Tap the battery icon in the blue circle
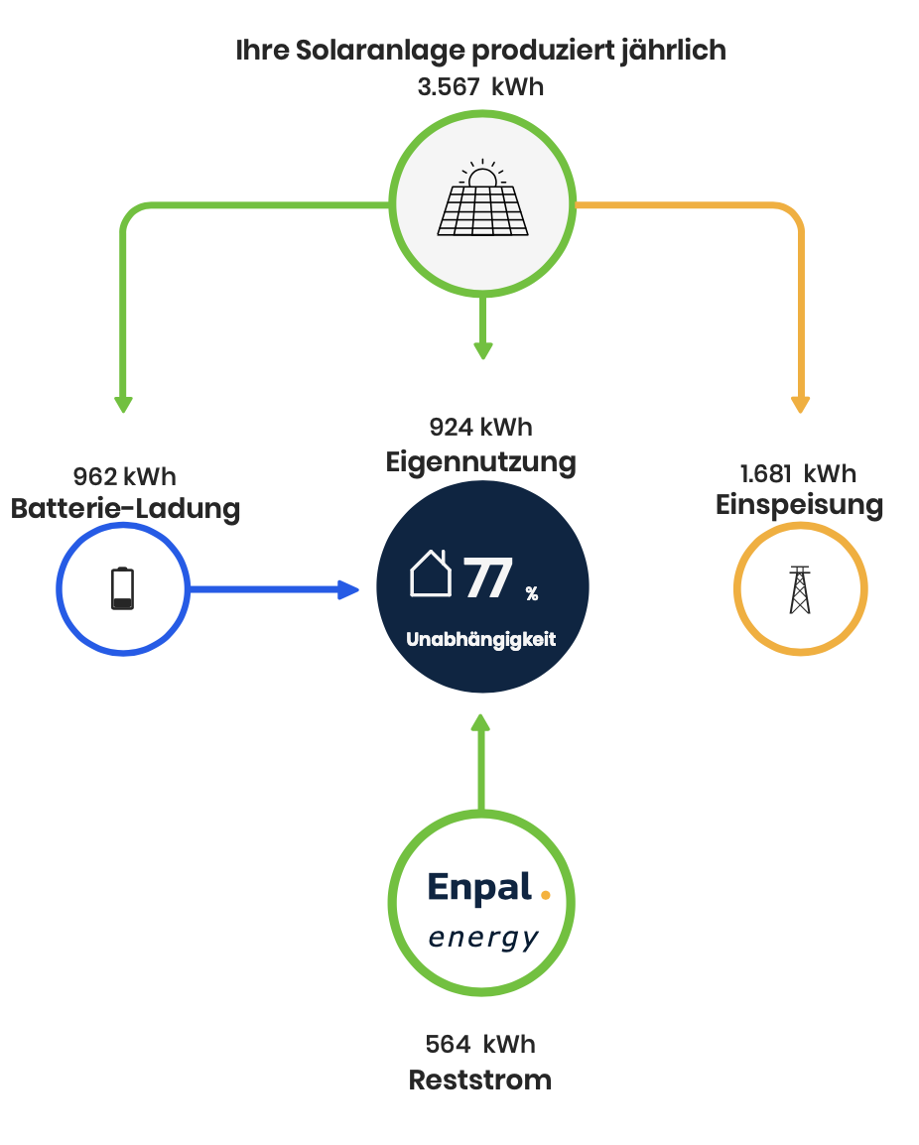click(122, 588)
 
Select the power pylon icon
click(799, 589)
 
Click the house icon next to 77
click(431, 574)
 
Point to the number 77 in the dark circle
click(488, 578)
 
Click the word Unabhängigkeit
click(481, 640)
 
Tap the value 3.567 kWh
click(480, 86)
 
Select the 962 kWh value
click(125, 477)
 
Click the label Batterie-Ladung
click(125, 509)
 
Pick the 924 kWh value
click(480, 428)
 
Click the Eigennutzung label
click(480, 461)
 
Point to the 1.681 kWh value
click(798, 473)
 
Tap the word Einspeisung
click(799, 505)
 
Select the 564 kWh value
click(480, 1044)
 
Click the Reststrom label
click(480, 1080)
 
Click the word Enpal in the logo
click(479, 888)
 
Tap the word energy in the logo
click(483, 938)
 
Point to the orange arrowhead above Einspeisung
click(800, 403)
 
